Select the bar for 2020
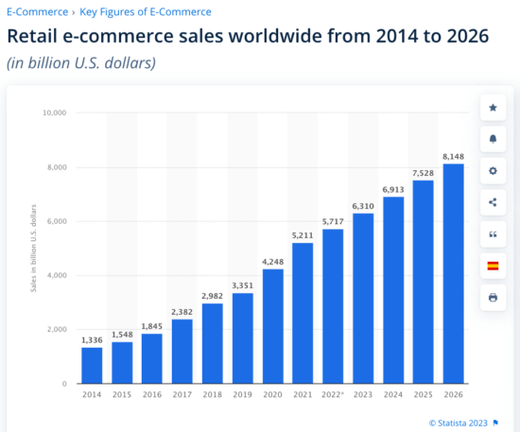click(x=273, y=326)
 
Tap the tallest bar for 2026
click(x=454, y=273)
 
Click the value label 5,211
click(x=303, y=233)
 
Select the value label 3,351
click(x=243, y=285)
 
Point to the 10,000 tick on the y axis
click(x=53, y=112)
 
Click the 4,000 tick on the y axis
click(x=56, y=276)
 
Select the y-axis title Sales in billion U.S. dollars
click(x=33, y=248)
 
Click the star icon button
click(x=493, y=108)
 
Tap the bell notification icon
click(x=493, y=139)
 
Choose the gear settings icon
click(x=493, y=171)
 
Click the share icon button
click(x=493, y=202)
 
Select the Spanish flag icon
click(x=493, y=266)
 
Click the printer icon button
click(x=493, y=297)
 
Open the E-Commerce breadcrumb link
click(x=37, y=11)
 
